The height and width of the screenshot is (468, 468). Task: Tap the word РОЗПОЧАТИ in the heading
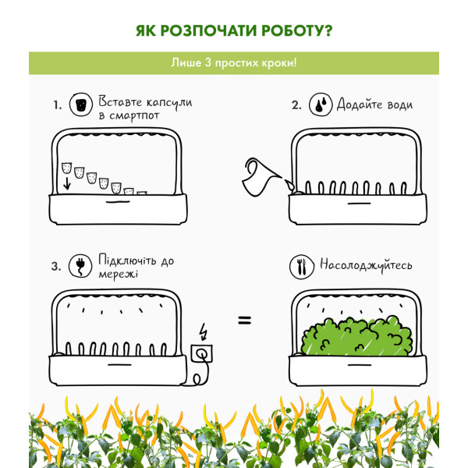click(x=208, y=30)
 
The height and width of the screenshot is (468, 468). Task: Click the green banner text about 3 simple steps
click(x=234, y=63)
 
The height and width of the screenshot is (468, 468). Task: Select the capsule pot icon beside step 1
click(x=81, y=105)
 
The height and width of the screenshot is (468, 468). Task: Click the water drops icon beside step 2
click(x=321, y=105)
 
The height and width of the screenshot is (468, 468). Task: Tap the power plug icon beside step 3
click(x=80, y=266)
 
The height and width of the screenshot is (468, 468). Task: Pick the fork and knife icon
click(x=301, y=267)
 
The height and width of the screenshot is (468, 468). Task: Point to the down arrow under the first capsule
click(x=67, y=183)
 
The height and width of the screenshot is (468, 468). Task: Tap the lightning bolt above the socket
click(x=204, y=331)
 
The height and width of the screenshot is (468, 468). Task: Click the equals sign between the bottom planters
click(x=245, y=321)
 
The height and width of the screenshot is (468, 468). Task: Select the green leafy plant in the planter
click(x=357, y=336)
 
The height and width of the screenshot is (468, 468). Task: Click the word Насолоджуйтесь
click(x=366, y=265)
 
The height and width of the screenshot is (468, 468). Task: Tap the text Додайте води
click(x=375, y=105)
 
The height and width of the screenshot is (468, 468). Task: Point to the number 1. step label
click(x=58, y=105)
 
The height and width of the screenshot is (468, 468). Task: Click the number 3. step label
click(x=56, y=266)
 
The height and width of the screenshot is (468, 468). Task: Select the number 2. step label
click(x=296, y=105)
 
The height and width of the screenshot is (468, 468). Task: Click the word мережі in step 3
click(x=119, y=275)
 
